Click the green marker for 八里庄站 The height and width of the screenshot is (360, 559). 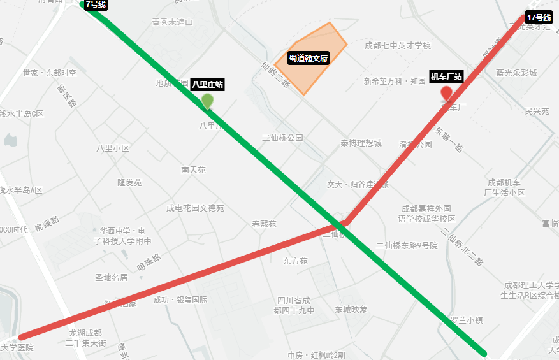pos(208,101)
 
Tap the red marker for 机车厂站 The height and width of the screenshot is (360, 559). pos(447,93)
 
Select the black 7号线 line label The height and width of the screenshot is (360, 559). pos(96,4)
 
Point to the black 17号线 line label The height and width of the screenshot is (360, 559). pos(539,17)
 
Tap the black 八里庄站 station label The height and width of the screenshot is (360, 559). pos(208,84)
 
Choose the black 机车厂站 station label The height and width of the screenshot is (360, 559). pos(446,77)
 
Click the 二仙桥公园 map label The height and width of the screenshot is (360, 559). pos(283,138)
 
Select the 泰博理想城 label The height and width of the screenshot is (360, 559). pos(361,143)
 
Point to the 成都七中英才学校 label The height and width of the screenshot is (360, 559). pos(398,45)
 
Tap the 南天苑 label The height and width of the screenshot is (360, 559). pos(193,170)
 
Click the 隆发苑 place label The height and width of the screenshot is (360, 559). pos(129,182)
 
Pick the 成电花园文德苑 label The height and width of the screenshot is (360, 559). pos(195,208)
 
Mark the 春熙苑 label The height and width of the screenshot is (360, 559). pos(264,224)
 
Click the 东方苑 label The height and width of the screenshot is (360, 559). pos(295,261)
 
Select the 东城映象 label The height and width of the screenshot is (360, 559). pos(351,309)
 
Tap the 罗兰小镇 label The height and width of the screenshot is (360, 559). pos(466,320)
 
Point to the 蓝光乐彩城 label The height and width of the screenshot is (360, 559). pos(516,73)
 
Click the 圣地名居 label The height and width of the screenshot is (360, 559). pos(112,277)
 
